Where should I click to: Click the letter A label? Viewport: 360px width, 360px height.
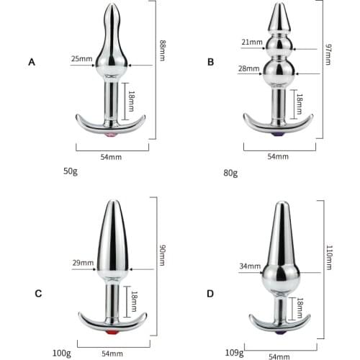coord(32,63)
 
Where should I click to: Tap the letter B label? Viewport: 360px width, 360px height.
coord(211,63)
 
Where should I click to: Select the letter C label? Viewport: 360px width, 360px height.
coord(38,293)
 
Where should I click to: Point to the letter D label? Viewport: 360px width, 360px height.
coord(210,293)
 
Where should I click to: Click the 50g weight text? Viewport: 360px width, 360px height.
coord(71,172)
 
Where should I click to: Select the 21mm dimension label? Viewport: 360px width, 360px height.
coord(252,42)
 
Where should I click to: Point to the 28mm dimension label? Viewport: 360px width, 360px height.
coord(249,69)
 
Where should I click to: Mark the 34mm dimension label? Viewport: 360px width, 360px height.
coord(250,266)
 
